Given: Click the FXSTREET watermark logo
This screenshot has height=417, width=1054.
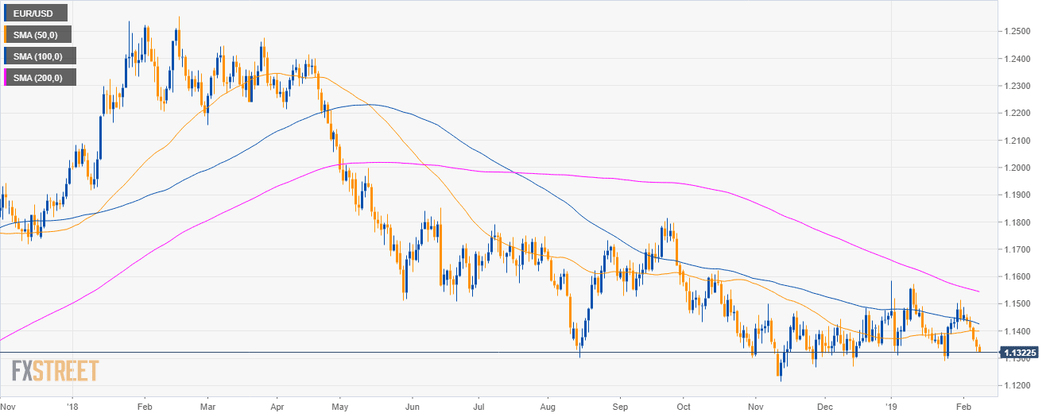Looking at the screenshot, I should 55,371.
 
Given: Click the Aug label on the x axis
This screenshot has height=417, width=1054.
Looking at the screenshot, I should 548,403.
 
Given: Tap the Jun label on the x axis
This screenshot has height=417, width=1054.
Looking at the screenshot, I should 412,403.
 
